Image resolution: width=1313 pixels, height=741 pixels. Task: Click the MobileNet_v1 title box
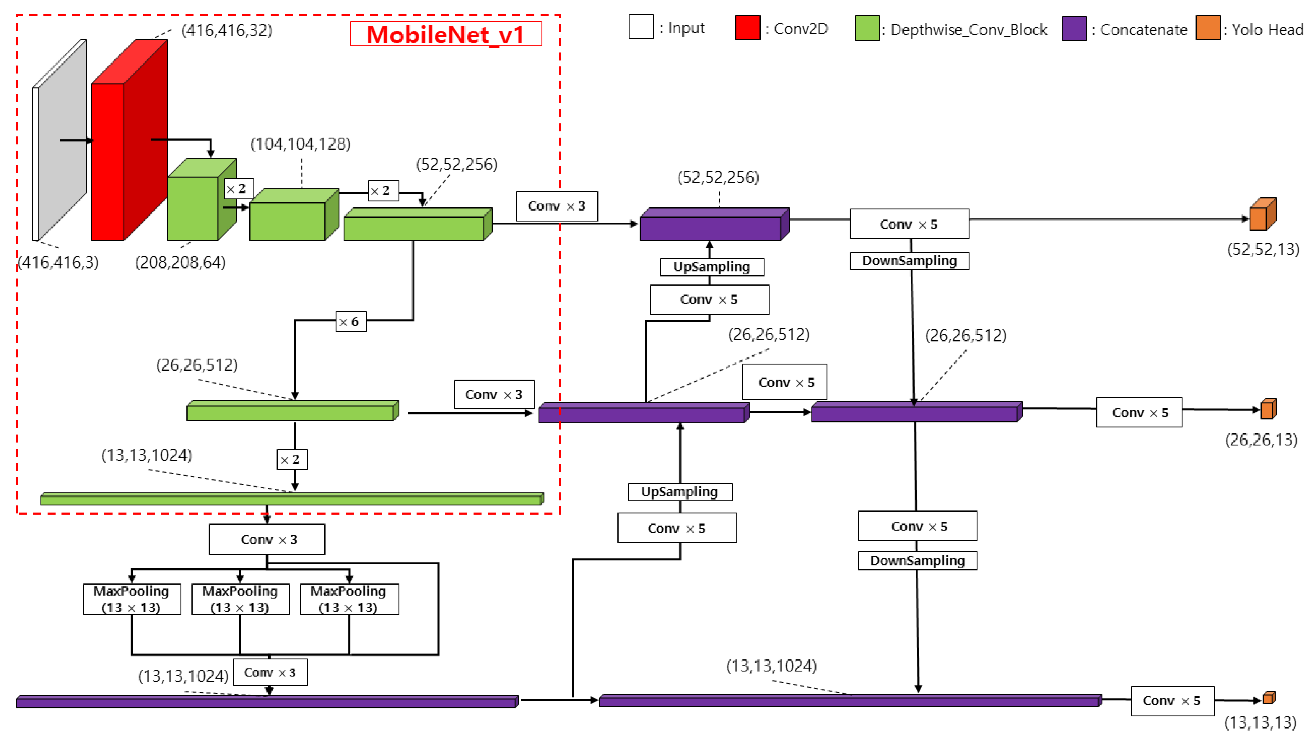445,34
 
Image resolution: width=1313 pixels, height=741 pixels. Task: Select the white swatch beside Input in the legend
641,27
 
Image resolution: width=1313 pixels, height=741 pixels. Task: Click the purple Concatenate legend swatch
1074,29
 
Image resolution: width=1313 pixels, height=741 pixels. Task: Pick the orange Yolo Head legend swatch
1207,28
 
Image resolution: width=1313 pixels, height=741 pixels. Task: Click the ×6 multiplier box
351,321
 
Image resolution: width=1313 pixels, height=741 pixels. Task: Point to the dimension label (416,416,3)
59,262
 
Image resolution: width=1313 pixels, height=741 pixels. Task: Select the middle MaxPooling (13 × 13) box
240,599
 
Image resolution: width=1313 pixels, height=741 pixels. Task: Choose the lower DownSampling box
917,560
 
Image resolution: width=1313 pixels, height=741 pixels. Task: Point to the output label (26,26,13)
1261,440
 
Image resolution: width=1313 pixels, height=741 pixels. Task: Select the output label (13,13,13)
1260,722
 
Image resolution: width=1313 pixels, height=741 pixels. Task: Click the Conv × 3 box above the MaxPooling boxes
266,539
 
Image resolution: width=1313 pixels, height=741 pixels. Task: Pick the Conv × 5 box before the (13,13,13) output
1172,701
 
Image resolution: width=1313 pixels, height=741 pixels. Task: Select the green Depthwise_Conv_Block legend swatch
867,29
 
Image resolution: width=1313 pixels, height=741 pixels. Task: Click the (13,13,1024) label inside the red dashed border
147,455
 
